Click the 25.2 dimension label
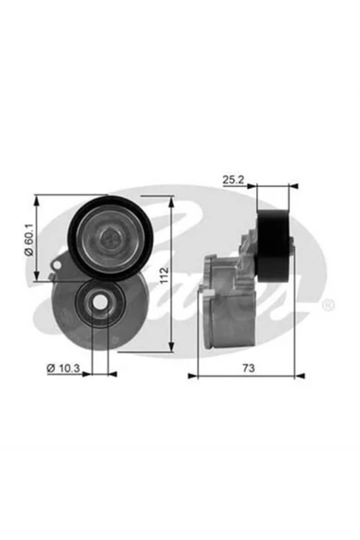(x=233, y=180)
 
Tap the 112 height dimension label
(x=165, y=275)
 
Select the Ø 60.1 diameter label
(x=29, y=240)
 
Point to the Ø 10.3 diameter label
(x=63, y=369)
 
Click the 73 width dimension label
(x=249, y=368)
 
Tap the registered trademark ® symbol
(x=328, y=306)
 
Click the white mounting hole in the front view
(x=100, y=302)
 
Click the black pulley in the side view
(x=273, y=245)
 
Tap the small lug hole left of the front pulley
(x=57, y=265)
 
